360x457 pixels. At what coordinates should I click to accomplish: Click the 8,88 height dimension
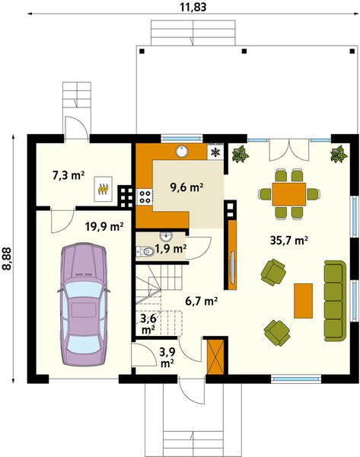[7, 258]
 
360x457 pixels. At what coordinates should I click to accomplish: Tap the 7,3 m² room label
[68, 175]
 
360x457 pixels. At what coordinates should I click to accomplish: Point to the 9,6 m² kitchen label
[186, 187]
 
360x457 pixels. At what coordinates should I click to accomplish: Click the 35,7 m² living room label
[289, 241]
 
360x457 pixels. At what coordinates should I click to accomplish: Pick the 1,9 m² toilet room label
[170, 248]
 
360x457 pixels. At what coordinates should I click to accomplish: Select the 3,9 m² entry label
[167, 356]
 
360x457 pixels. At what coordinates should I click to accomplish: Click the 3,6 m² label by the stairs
[148, 324]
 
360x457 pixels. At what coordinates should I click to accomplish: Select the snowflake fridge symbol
[215, 153]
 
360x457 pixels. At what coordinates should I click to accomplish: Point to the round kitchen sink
[183, 151]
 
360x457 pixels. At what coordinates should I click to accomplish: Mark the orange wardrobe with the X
[215, 355]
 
